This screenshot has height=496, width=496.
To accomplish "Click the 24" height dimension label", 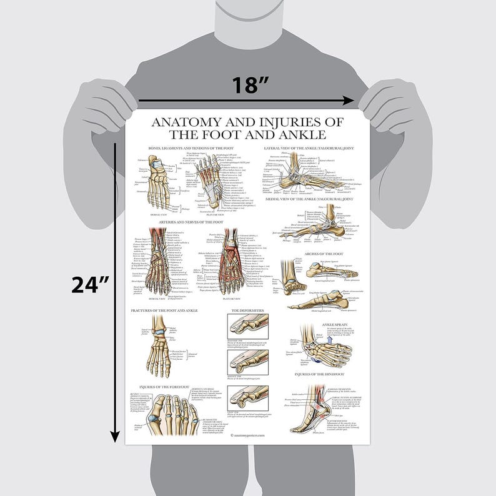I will [90, 284].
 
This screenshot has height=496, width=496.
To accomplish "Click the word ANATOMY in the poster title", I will [187, 121].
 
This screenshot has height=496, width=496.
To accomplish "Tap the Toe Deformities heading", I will [247, 310].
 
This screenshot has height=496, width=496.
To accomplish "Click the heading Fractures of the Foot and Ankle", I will [164, 310].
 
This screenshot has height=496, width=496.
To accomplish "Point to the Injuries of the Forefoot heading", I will [161, 387].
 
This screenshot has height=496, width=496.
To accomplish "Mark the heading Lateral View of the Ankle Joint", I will [309, 148].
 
